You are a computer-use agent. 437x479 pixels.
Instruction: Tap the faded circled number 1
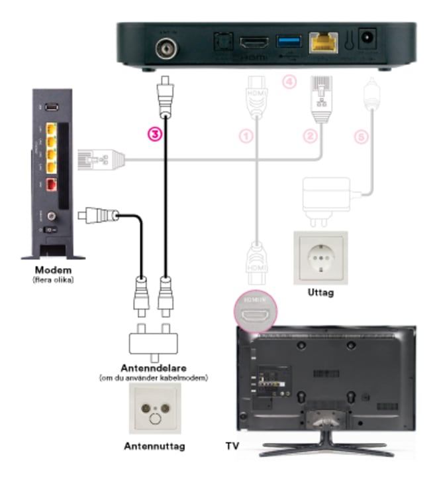pyautogui.click(x=246, y=136)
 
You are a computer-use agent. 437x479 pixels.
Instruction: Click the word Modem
pyautogui.click(x=54, y=271)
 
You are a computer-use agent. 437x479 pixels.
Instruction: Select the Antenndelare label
pyautogui.click(x=156, y=368)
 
